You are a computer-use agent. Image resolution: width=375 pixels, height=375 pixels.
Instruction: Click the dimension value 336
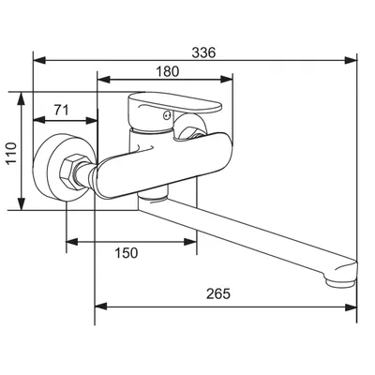coord(203,52)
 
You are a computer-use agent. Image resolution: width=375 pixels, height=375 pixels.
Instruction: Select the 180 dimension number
coord(168,71)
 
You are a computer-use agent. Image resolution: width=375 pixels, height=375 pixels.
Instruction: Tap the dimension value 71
coord(61,110)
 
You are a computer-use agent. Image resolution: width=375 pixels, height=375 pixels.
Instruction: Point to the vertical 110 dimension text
coord(11,153)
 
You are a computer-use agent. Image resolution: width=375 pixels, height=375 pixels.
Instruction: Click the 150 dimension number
coord(127,253)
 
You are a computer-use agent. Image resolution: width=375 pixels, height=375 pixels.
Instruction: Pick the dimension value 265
coord(218,293)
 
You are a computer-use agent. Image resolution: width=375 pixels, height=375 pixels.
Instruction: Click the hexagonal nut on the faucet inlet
coord(70,172)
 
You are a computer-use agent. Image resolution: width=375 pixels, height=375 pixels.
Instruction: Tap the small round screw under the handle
coord(167,116)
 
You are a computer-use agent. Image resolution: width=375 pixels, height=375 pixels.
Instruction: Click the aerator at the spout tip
coord(340,282)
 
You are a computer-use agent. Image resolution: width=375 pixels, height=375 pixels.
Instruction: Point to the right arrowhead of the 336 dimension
coord(351,60)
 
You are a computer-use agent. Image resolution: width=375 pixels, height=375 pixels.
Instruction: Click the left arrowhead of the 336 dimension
coord(39,60)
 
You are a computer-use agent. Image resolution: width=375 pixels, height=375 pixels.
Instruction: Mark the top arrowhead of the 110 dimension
coord(22,98)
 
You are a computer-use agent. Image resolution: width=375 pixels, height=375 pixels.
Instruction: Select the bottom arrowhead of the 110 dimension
coord(22,203)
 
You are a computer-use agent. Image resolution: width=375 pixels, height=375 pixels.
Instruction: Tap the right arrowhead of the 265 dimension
coord(351,307)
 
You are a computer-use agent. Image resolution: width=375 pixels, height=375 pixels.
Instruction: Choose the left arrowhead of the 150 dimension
coord(72,242)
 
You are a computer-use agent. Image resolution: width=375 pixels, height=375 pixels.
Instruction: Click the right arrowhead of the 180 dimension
coord(227,80)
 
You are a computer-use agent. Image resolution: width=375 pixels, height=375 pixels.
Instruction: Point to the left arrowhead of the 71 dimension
coord(39,120)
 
